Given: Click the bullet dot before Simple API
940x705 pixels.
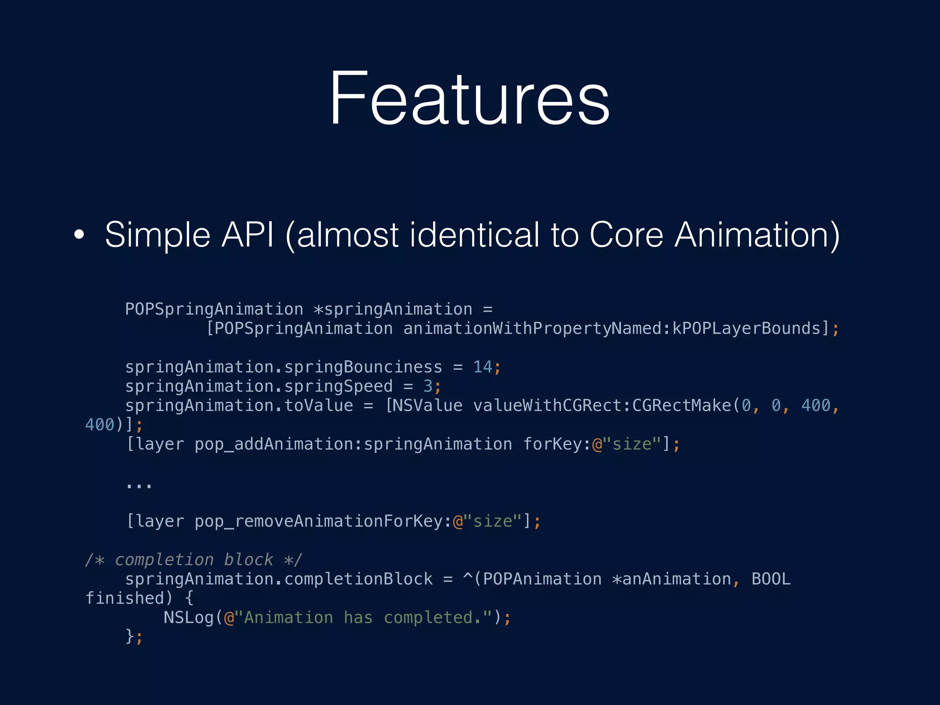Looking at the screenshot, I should pos(79,234).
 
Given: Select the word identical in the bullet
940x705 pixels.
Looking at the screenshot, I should pos(474,235).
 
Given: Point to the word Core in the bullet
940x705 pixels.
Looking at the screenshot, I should pos(626,235).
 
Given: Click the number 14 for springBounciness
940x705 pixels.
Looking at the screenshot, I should pos(482,367).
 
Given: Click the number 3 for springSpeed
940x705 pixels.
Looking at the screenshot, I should pos(428,386).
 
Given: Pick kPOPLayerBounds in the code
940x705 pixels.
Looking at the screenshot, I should pos(746,329).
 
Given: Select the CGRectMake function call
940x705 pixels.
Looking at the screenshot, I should pos(681,406).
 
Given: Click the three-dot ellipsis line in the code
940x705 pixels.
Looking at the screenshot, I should pos(139,485).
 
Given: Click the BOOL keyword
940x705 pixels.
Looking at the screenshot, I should pos(771,579).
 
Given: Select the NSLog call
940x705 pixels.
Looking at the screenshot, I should pos(188,618).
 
